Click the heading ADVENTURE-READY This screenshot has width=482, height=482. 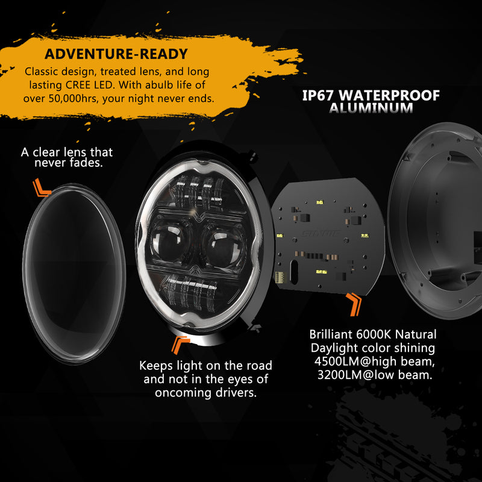coord(116,54)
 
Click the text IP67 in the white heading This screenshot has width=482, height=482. coord(318,95)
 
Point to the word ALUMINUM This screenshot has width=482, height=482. coord(371,108)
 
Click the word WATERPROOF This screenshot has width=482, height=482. coord(389,95)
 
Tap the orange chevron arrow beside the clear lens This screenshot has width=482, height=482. coord(42,188)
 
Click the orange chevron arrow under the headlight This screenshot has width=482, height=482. coord(180,345)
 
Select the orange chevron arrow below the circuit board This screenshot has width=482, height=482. coord(354,304)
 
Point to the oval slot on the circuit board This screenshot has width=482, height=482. coord(294,272)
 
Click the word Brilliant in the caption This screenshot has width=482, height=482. coord(331,334)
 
